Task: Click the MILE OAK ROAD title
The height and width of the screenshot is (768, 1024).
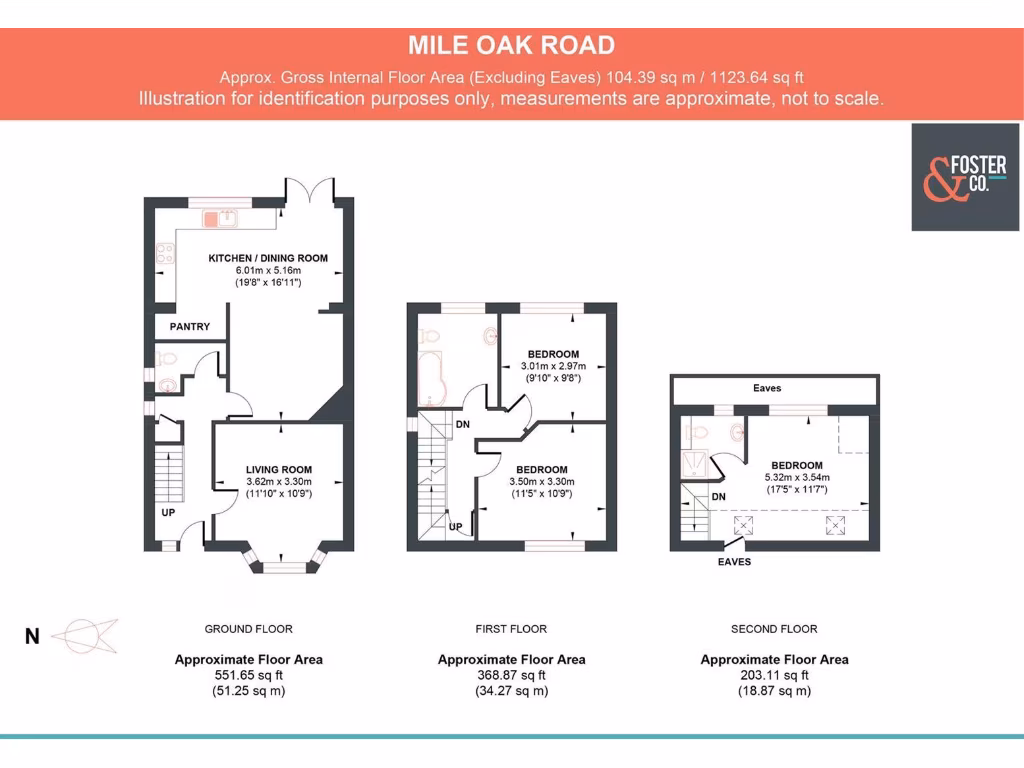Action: pos(511,45)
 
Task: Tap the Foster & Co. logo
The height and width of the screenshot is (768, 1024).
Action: pos(964,177)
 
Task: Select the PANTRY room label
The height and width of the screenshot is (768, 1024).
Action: pos(190,327)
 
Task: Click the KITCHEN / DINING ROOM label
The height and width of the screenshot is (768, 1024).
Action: pos(268,258)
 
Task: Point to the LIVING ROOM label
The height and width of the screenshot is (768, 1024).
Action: pos(280,470)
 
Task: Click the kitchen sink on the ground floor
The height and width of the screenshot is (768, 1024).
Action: pos(219,216)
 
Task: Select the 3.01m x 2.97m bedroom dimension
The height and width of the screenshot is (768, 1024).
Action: pos(553,367)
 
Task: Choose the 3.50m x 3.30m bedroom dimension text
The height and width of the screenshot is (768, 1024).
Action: pos(541,482)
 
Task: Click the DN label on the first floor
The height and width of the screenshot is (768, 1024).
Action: pos(463,425)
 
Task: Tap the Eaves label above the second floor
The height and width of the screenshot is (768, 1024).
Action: pos(767,388)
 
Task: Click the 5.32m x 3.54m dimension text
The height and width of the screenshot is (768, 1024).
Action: pos(796,478)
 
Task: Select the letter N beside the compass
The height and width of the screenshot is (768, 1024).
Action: pos(32,636)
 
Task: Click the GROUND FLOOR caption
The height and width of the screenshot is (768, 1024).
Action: pos(248,629)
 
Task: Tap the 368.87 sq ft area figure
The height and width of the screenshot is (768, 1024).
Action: pos(511,675)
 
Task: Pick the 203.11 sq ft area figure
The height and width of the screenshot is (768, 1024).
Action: pos(774,675)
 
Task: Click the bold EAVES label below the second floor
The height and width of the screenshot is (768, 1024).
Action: pos(734,562)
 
